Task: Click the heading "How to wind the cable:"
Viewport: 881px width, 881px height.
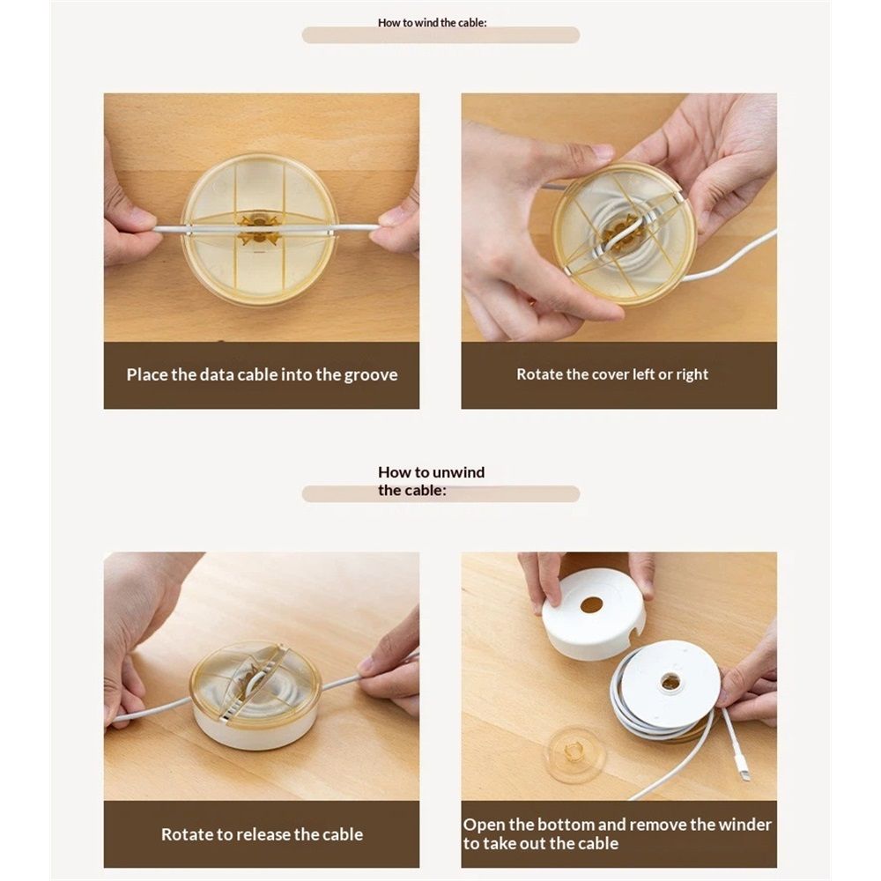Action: click(x=432, y=23)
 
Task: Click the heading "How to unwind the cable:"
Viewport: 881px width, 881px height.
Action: click(x=432, y=481)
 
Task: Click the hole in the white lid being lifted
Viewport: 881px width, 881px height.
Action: click(x=591, y=605)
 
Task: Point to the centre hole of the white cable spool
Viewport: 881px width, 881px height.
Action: click(x=670, y=684)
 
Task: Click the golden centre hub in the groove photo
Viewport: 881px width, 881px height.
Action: click(x=259, y=228)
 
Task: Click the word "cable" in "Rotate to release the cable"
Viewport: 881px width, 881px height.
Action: click(x=342, y=834)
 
